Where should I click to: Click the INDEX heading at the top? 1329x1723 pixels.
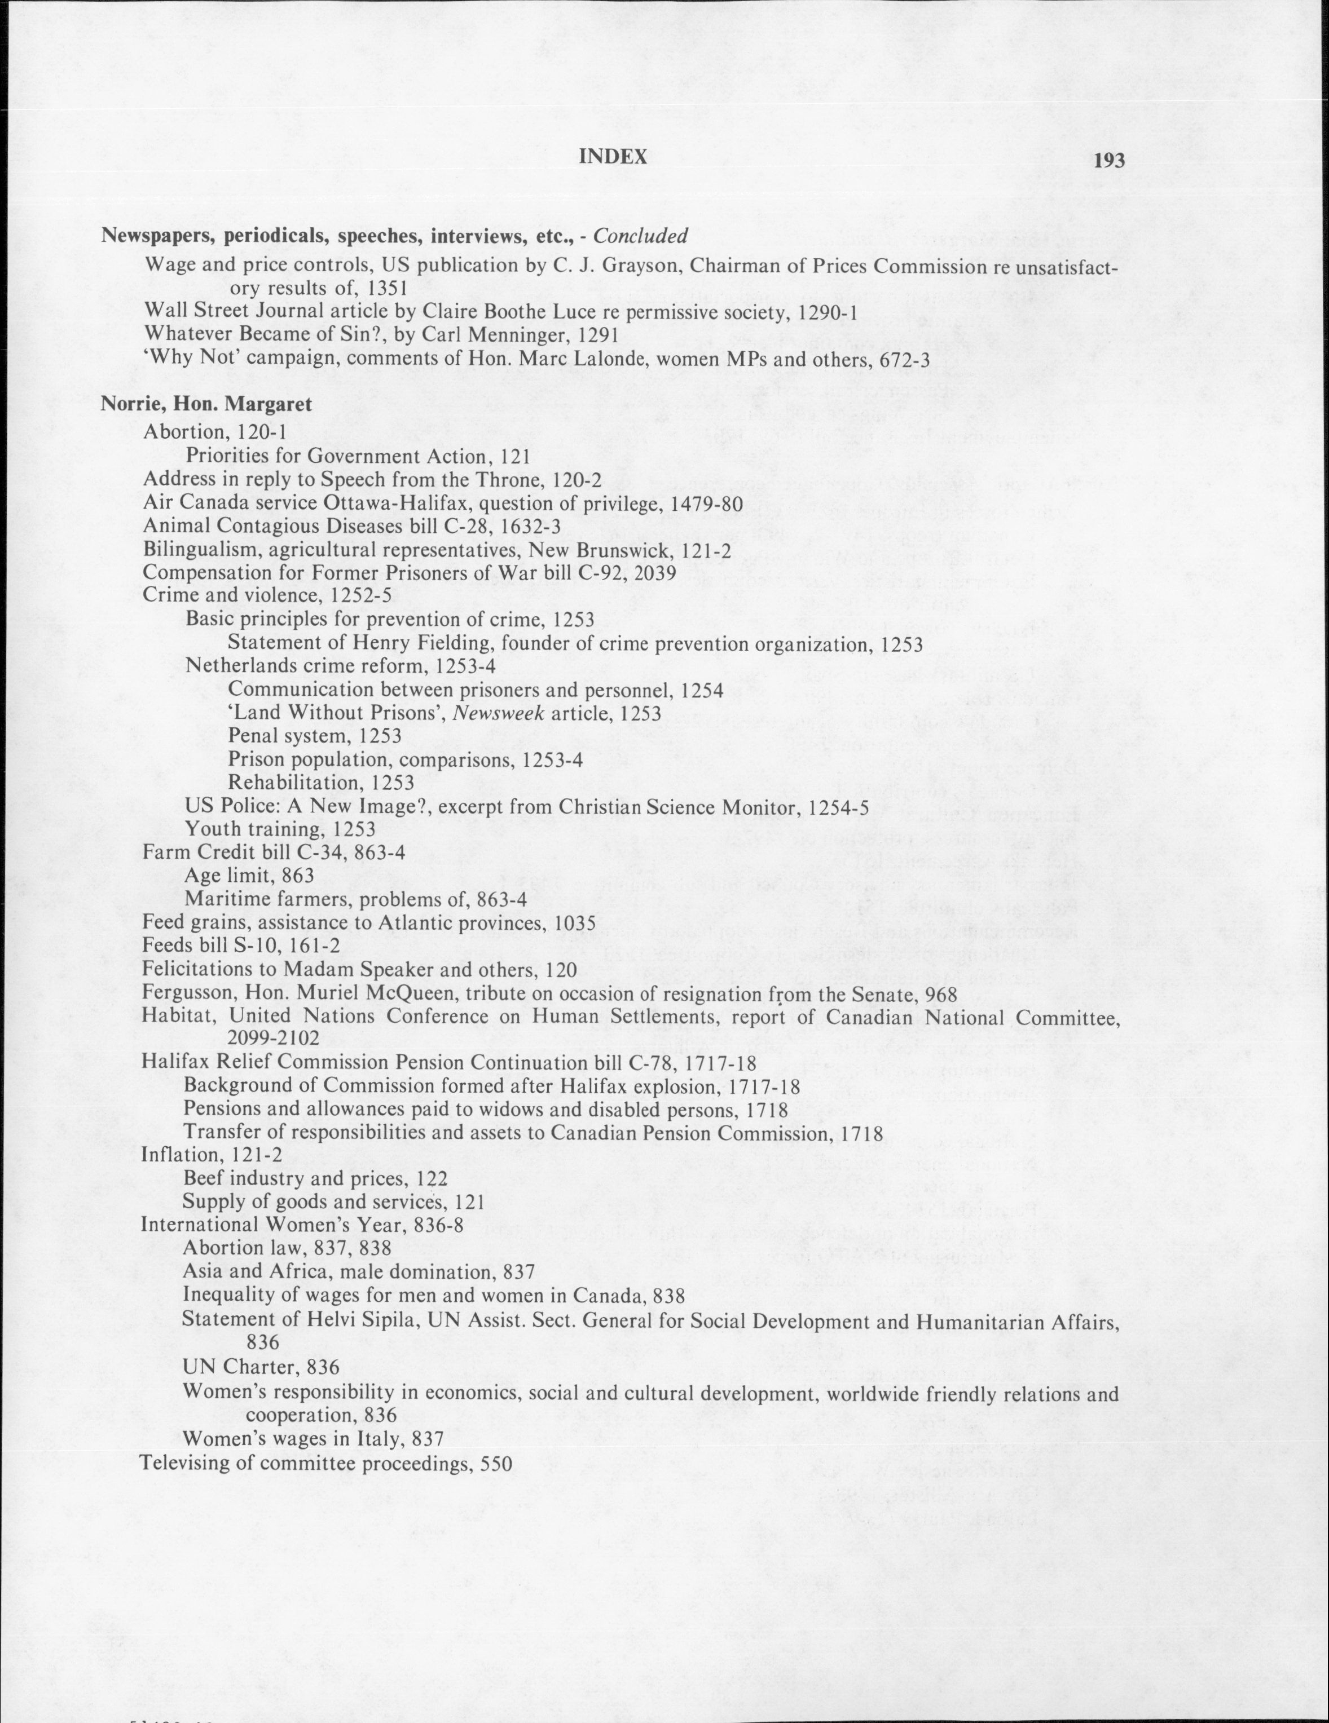613,157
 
